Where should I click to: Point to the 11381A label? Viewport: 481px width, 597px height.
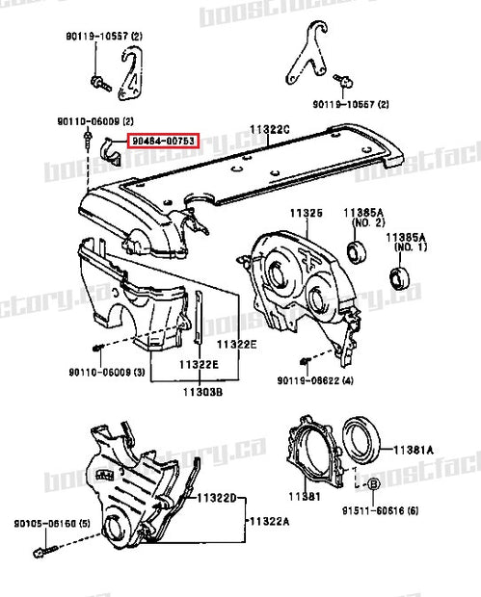(x=414, y=449)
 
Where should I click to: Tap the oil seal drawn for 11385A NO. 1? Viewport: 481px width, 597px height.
(x=399, y=278)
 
